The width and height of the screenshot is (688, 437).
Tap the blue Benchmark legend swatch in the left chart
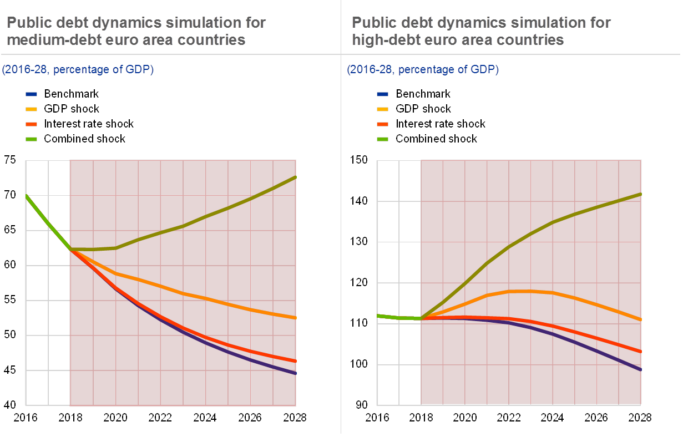click(32, 94)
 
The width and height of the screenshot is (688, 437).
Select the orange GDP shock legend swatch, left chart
click(32, 109)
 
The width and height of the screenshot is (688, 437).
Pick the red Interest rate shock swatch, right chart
click(383, 124)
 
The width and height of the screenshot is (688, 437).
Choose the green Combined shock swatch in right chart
click(383, 139)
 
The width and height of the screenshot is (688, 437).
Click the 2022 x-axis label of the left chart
click(160, 416)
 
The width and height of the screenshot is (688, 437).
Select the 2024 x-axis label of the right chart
click(552, 416)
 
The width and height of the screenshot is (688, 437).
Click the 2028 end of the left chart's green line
click(296, 177)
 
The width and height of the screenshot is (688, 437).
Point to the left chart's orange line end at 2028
click(296, 318)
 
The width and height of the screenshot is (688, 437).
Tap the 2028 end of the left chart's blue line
click(296, 373)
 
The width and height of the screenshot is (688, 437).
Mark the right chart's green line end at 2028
click(641, 194)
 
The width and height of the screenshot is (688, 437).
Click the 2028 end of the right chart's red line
click(641, 352)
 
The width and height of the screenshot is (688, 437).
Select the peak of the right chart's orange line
click(519, 291)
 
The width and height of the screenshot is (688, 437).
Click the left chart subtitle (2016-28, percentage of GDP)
click(78, 70)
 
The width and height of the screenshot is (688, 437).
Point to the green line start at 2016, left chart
click(26, 195)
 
